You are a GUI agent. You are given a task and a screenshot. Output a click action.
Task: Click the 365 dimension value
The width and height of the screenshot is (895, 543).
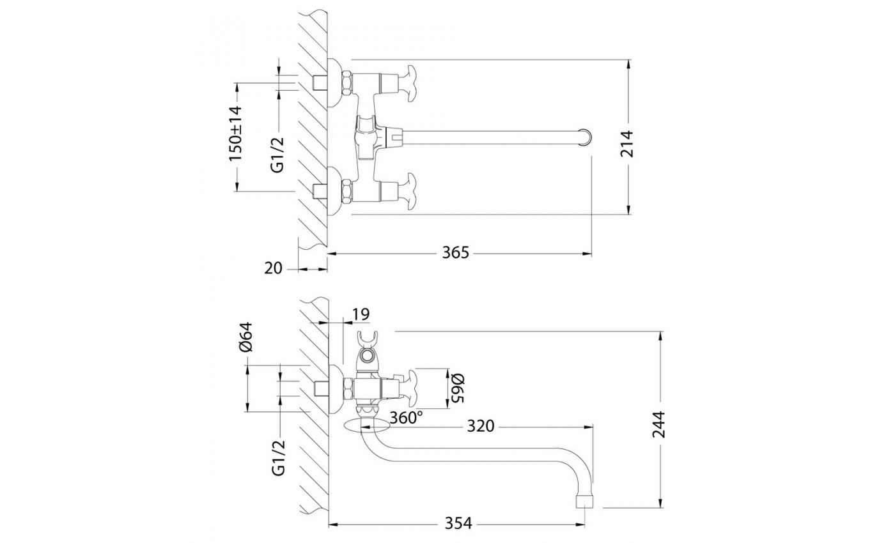[456, 253]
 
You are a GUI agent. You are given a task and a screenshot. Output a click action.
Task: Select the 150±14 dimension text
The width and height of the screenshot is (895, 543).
[236, 134]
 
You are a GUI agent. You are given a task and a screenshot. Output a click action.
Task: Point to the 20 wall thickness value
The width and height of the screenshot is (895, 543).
[273, 269]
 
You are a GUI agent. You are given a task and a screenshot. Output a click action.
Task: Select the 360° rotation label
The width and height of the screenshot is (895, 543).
[407, 418]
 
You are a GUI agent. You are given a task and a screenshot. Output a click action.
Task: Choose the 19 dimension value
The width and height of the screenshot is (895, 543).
[361, 314]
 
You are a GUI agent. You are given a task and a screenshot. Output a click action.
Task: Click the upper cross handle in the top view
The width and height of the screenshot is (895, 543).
[407, 81]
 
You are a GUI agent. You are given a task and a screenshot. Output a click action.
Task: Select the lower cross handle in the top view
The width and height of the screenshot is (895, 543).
[407, 190]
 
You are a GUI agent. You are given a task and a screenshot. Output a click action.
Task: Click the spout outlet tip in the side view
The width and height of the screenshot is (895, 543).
[586, 500]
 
